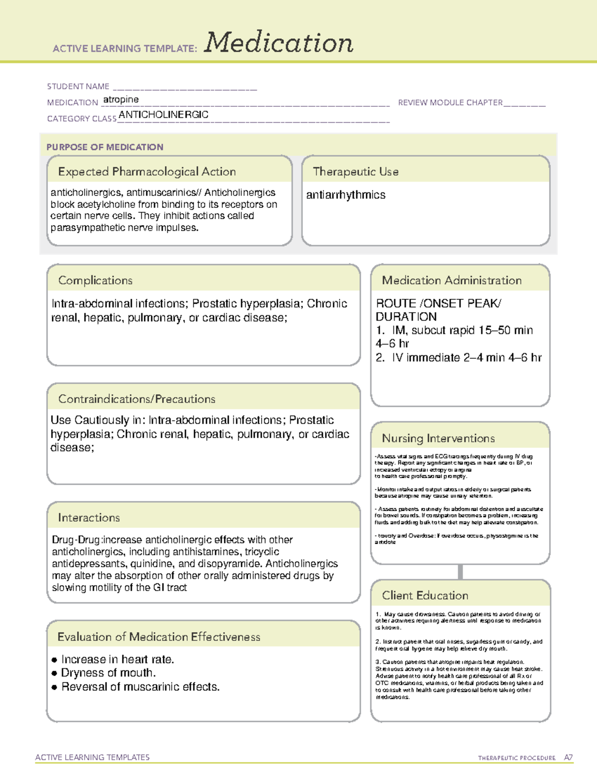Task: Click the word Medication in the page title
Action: pos(279,43)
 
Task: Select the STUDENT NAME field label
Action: pos(78,86)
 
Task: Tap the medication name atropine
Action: pos(121,100)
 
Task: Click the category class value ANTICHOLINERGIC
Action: pos(163,115)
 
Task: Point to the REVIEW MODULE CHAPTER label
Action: pos(450,103)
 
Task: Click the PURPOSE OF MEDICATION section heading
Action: pos(105,147)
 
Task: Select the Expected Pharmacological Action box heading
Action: pos(147,172)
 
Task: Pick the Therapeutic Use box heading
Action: pos(356,172)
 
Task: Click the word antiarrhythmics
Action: pos(346,195)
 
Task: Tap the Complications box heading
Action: pos(96,281)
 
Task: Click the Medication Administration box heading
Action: pos(452,281)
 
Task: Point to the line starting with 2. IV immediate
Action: pos(459,358)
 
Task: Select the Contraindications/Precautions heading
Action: pos(137,399)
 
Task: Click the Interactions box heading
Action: pos(89,518)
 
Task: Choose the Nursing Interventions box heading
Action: pos(438,438)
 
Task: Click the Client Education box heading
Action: pos(425,596)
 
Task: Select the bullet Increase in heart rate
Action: pos(117,660)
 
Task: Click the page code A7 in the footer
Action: pos(568,758)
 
